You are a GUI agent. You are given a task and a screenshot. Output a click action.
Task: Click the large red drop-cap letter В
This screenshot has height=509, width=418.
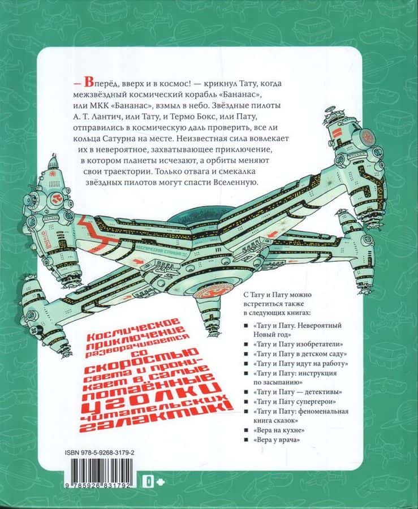tap(88, 83)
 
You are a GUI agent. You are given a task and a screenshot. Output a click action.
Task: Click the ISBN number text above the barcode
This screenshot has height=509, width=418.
tap(100, 452)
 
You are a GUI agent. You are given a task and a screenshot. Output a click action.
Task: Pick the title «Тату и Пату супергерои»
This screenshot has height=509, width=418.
tap(295, 402)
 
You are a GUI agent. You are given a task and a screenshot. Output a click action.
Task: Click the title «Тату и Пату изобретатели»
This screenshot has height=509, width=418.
tap(298, 344)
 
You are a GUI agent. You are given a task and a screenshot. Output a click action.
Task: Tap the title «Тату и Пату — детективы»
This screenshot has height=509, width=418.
tap(298, 392)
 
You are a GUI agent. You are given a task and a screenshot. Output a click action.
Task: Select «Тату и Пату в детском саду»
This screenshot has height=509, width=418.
tap(300, 353)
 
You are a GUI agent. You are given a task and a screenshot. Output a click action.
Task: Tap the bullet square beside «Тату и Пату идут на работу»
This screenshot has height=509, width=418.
tap(246, 364)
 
